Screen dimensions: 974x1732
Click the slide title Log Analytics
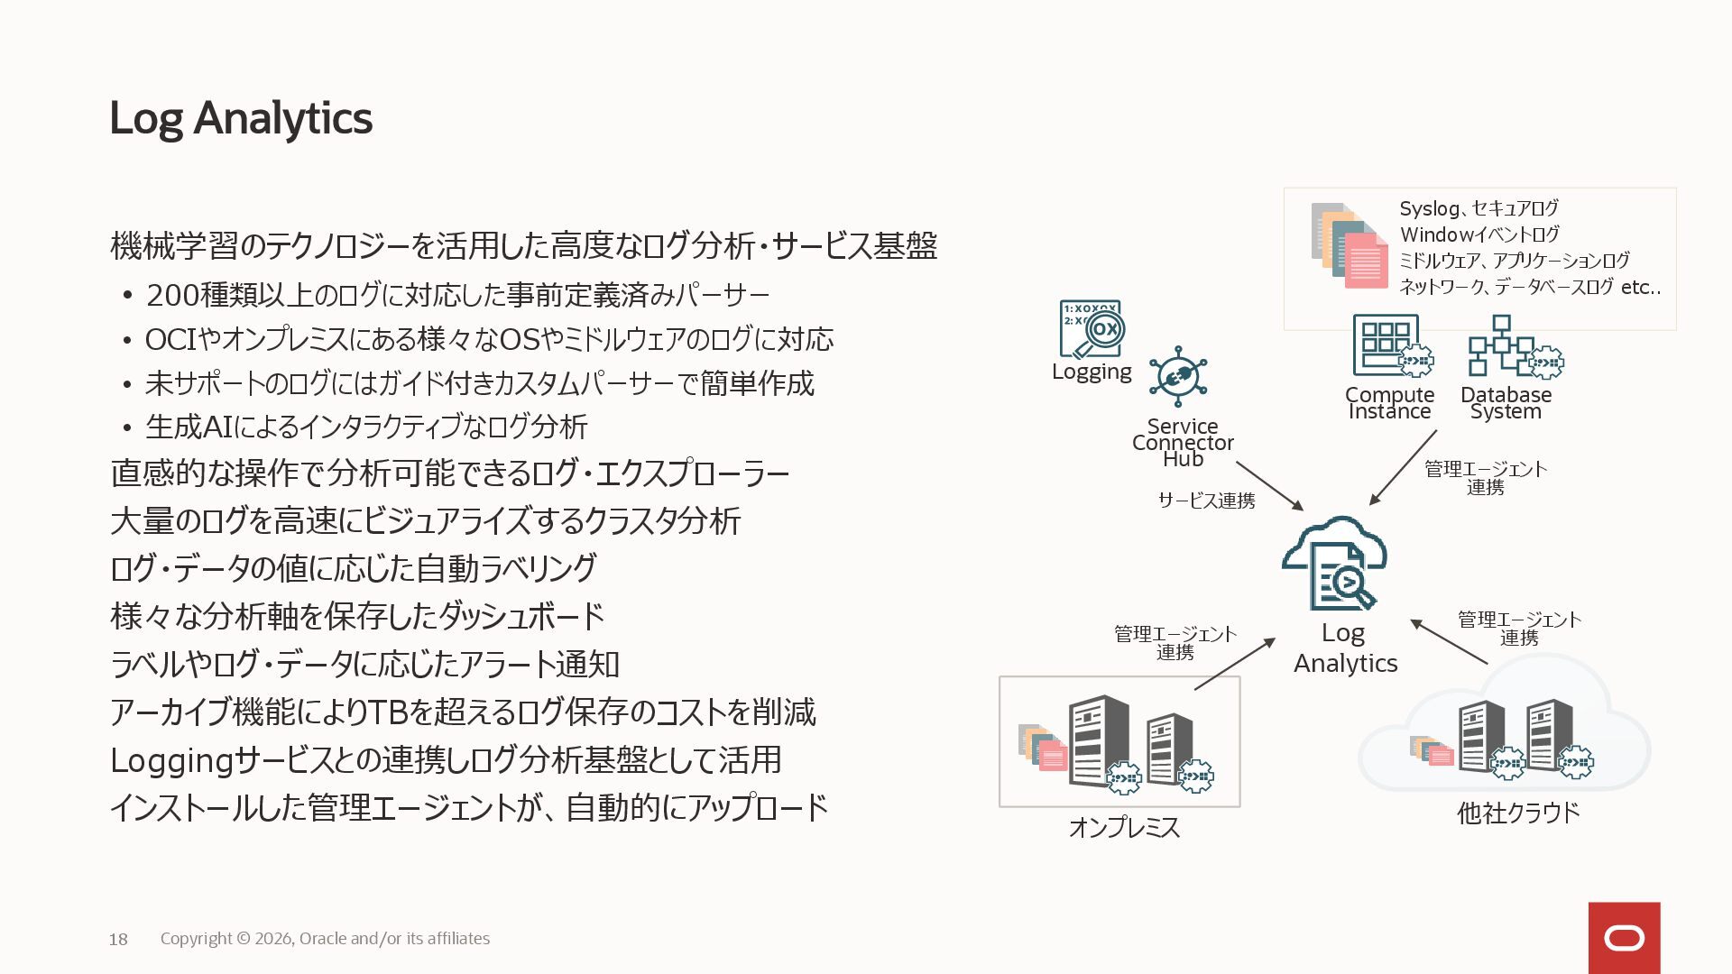tap(240, 118)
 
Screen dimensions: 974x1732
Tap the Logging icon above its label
tap(1091, 329)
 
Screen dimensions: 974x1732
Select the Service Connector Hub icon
tap(1178, 377)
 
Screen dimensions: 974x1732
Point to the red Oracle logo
tap(1624, 938)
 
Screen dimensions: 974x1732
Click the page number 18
tap(118, 940)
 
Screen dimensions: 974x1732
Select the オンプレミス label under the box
tap(1124, 827)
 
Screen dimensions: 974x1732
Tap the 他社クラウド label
tap(1518, 813)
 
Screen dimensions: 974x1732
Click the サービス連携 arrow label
tap(1206, 501)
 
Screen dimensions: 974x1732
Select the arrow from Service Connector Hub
tap(1269, 486)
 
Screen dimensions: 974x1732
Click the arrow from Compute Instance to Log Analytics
tap(1403, 467)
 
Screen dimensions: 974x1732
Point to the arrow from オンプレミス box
tap(1234, 664)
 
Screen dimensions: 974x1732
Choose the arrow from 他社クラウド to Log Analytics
tap(1449, 642)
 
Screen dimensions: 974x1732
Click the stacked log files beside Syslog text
tap(1350, 245)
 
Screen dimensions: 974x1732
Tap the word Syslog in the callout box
tap(1429, 208)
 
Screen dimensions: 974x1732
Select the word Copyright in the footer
tap(196, 939)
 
